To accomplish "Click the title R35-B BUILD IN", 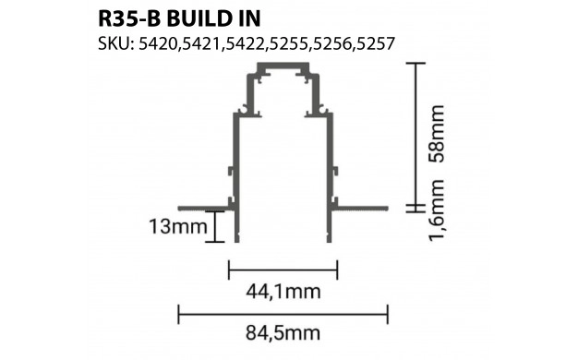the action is point(179,18).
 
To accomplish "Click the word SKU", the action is point(114,44).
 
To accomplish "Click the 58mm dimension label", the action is point(438,134).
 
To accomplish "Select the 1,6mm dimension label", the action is point(438,210).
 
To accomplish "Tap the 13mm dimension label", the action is point(178,226).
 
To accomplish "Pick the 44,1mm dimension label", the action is point(283,292).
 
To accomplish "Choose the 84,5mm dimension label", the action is point(283,333).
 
